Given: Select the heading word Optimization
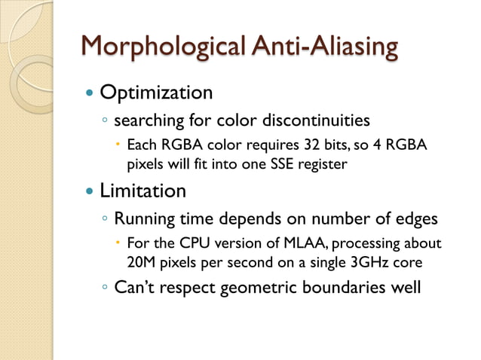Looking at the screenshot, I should click(x=156, y=93).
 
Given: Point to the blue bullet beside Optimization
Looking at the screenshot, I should click(x=90, y=93).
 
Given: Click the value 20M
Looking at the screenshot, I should click(x=140, y=263).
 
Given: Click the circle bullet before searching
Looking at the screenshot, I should click(x=105, y=121).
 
